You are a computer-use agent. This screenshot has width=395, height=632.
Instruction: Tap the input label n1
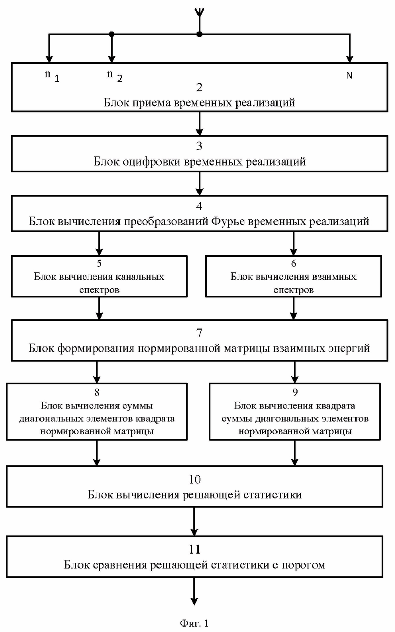[x=52, y=76]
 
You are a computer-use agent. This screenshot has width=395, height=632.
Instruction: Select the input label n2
[x=114, y=76]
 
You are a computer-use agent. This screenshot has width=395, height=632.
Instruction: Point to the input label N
[x=349, y=75]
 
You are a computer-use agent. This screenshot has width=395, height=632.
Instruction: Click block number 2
[x=199, y=88]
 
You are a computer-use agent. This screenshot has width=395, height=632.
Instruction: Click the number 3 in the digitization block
[x=199, y=146]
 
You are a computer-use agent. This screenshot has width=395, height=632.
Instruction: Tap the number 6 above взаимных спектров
[x=293, y=263]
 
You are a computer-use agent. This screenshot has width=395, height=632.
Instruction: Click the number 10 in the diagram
[x=194, y=480]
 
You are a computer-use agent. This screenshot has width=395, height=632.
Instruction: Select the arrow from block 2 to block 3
[x=199, y=124]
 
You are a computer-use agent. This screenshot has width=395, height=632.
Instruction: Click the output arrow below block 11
[x=194, y=591]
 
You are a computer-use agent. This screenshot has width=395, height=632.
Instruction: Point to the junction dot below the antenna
[x=200, y=34]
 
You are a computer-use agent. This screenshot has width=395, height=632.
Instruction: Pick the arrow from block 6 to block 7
[x=293, y=308]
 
